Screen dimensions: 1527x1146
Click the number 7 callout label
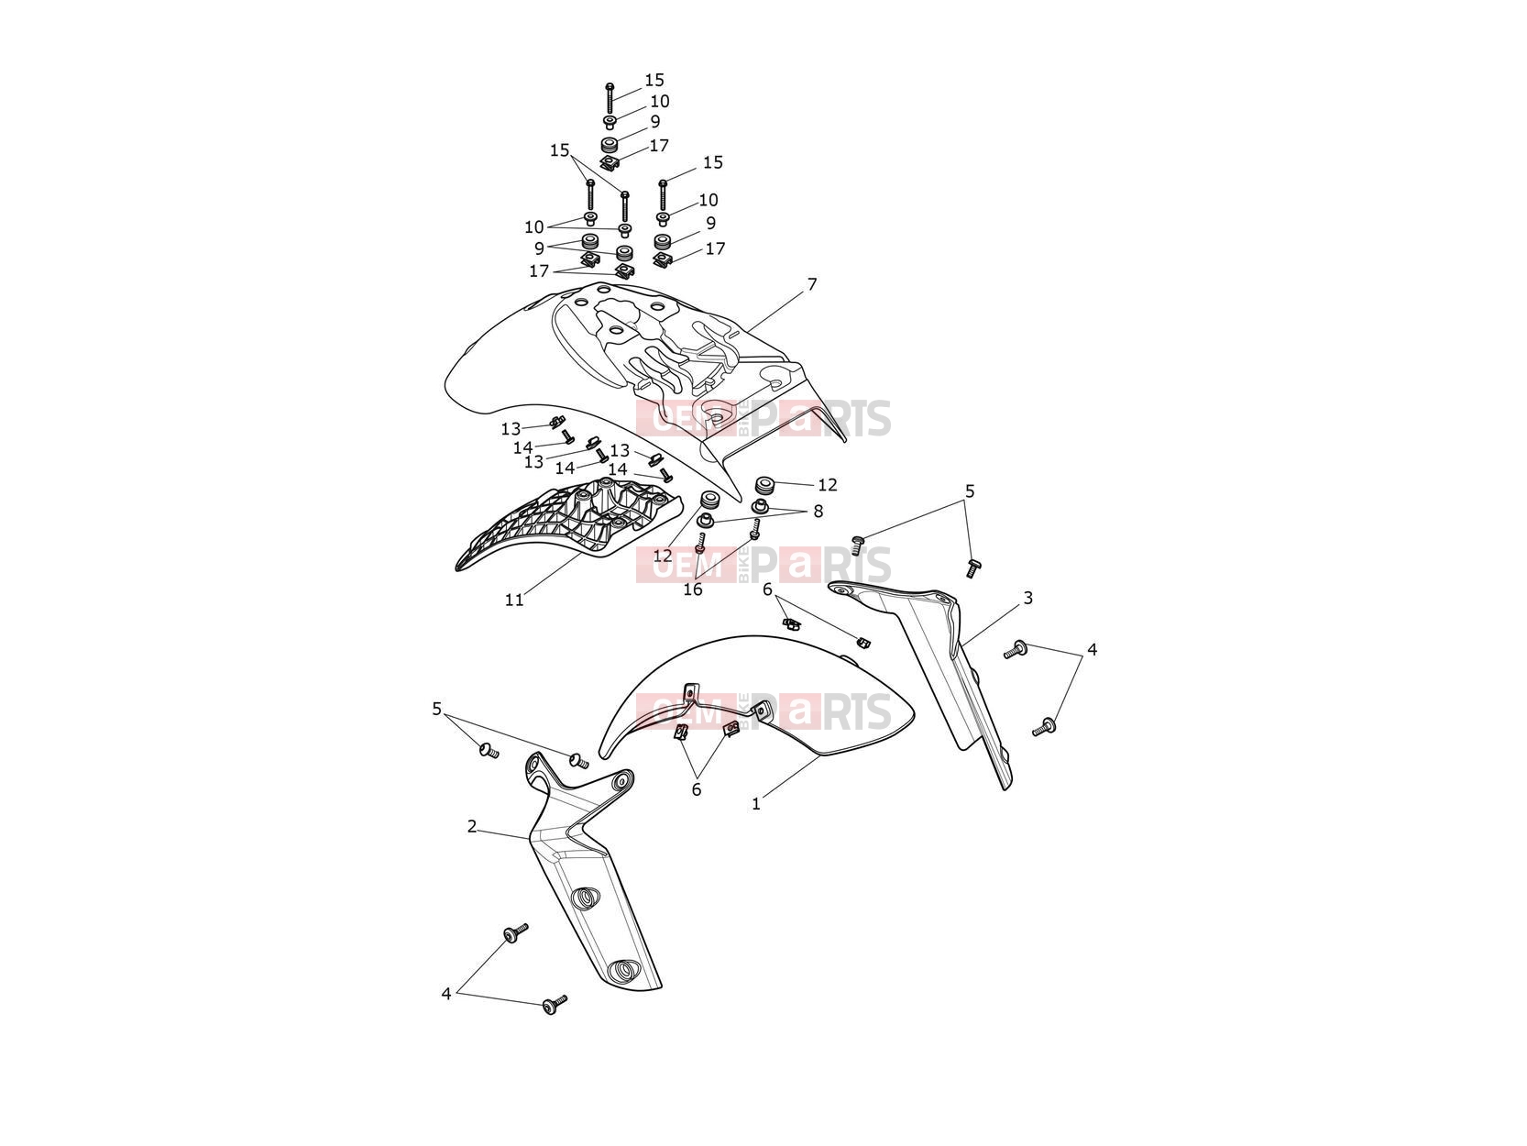[x=811, y=284]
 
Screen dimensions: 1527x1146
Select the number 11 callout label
[x=514, y=600]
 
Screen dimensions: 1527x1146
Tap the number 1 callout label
[x=756, y=804]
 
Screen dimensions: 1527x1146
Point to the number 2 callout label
[x=472, y=827]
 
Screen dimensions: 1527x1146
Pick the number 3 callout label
[x=1027, y=598]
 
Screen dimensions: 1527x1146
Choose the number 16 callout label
[x=693, y=590]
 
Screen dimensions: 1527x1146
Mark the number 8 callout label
[x=818, y=512]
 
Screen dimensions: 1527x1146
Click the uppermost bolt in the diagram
[x=610, y=98]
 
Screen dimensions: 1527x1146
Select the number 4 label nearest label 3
[x=1092, y=649]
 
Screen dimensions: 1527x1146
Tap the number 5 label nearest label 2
[x=437, y=709]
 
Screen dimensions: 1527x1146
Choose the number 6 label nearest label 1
[x=697, y=789]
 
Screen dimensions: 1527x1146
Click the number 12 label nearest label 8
[x=827, y=484]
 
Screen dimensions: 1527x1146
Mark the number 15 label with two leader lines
[x=559, y=150]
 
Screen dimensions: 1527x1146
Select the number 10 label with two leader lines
[x=533, y=226]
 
